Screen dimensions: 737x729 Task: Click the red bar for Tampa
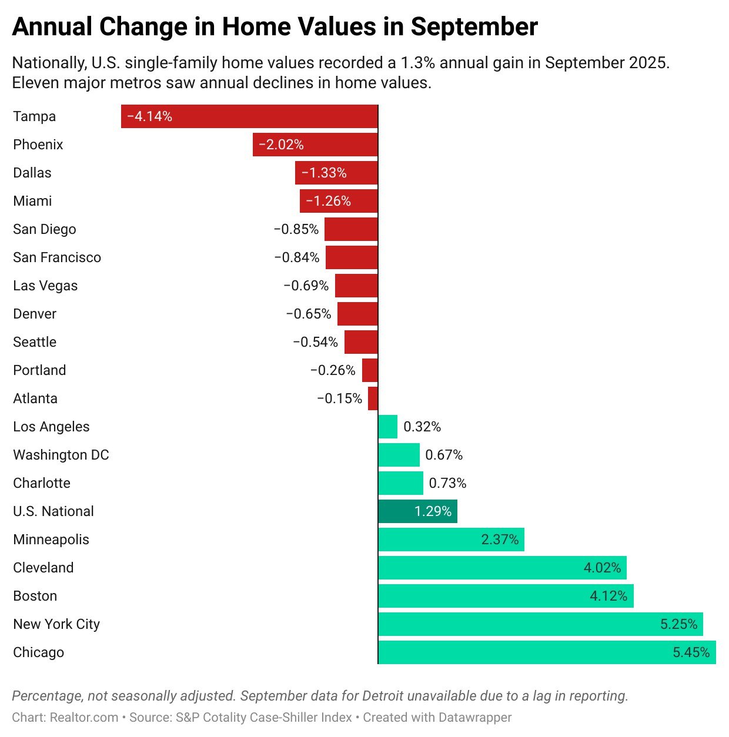point(249,116)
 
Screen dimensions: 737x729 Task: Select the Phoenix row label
point(38,145)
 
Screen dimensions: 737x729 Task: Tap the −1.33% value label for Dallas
point(324,173)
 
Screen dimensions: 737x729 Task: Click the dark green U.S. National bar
point(417,511)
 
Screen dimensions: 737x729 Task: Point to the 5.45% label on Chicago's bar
point(691,652)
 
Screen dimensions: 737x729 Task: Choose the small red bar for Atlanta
point(373,398)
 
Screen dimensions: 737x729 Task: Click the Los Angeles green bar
point(388,427)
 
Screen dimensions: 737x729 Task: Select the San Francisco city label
point(57,257)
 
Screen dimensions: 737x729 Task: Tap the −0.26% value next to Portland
point(333,370)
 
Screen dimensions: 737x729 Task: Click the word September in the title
point(474,27)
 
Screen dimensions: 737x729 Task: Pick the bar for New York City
point(540,624)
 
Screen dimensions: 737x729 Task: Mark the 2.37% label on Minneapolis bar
point(500,540)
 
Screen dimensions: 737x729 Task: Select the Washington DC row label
point(61,455)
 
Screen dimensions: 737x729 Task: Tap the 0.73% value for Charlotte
point(447,483)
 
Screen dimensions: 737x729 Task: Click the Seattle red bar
point(361,342)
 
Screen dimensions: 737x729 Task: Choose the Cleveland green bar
point(502,568)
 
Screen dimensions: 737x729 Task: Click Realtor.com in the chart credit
point(84,718)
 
